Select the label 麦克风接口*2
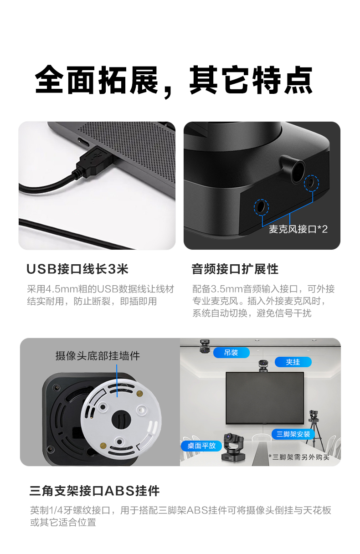[298, 229]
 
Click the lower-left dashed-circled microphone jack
[261, 207]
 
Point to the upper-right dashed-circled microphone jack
[311, 183]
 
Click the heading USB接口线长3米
[77, 269]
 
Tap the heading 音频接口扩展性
[235, 269]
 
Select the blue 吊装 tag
[231, 353]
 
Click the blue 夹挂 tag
[293, 362]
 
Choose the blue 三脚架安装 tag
[293, 434]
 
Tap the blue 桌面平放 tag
[201, 446]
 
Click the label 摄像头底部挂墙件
[98, 356]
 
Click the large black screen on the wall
[265, 398]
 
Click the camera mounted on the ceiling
[205, 346]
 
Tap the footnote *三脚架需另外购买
[299, 457]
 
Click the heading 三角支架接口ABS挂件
[94, 491]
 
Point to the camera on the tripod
[314, 416]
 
